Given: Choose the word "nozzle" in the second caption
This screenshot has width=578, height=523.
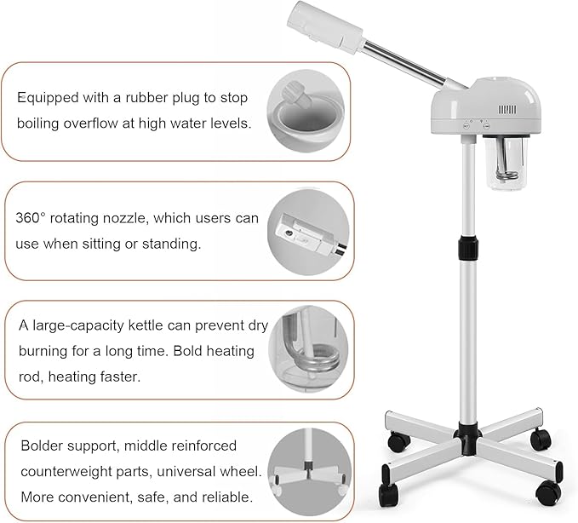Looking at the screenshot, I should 124,218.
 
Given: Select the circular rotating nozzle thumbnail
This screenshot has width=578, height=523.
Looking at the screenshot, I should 309,231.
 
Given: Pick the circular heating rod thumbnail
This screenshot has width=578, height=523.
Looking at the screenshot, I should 309,349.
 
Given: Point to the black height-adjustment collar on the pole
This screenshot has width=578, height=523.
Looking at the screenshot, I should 466,248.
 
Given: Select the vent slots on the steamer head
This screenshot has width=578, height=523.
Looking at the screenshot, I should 508,110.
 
